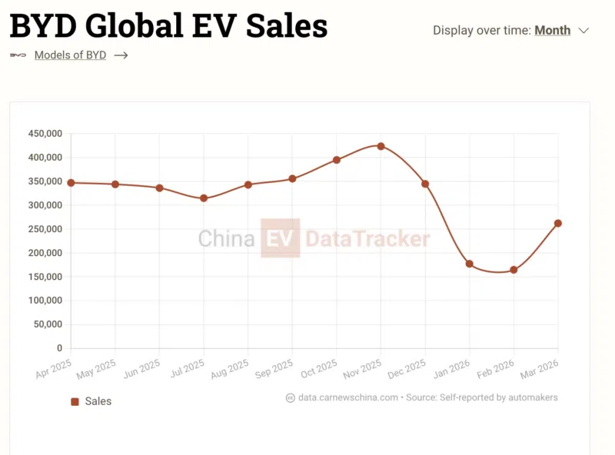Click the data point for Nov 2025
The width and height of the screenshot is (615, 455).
coord(381,146)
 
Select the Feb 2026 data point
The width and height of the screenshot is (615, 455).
coord(514,270)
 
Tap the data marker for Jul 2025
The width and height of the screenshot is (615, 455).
coord(204,198)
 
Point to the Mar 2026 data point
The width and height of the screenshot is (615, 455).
coord(558,224)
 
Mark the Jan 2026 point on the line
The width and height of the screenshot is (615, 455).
coord(470,264)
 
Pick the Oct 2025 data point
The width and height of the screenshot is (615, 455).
coord(337,160)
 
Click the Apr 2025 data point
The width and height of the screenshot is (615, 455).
coord(71,183)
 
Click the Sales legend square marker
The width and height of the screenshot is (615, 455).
coord(75,401)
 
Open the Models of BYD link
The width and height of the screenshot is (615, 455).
coord(71,55)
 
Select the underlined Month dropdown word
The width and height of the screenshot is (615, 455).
coord(552,31)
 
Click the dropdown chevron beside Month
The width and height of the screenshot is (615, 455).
coord(583,31)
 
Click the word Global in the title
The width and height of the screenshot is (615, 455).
coord(138,26)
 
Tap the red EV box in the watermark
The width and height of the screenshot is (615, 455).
coord(280,238)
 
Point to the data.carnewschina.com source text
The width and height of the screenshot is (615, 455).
coord(347,397)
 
